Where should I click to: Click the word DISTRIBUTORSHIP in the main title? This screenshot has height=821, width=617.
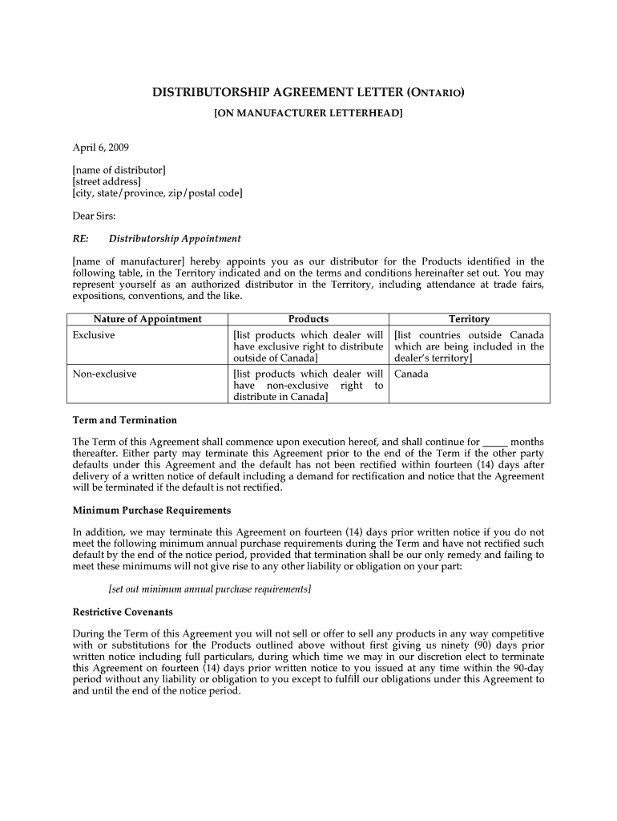tap(210, 92)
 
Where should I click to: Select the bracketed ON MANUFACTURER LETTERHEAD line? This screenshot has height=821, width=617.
tap(308, 114)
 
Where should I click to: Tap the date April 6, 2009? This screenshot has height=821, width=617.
tap(101, 148)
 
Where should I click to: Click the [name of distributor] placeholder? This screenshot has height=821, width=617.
tap(119, 170)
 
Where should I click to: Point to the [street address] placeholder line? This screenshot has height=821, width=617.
tap(107, 182)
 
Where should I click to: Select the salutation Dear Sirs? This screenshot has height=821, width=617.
tap(95, 216)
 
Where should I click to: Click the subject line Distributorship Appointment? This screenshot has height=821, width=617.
tap(175, 239)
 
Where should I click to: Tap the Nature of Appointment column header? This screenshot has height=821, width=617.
tap(147, 319)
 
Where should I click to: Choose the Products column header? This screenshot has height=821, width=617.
tap(308, 319)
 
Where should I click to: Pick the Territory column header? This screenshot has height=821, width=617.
tap(469, 319)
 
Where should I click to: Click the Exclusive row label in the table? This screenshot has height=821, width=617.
tap(94, 335)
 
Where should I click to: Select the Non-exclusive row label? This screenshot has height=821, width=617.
tap(104, 374)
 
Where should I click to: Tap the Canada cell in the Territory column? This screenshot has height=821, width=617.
tap(412, 374)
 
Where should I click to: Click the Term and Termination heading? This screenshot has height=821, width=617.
tap(125, 420)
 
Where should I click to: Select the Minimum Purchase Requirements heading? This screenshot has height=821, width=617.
tap(152, 511)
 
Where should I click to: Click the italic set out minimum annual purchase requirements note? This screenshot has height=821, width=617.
tap(210, 589)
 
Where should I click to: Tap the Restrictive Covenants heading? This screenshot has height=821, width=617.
tap(123, 612)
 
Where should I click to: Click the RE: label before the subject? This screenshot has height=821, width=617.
tap(80, 239)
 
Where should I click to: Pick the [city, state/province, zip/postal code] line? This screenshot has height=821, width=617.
tap(157, 193)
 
